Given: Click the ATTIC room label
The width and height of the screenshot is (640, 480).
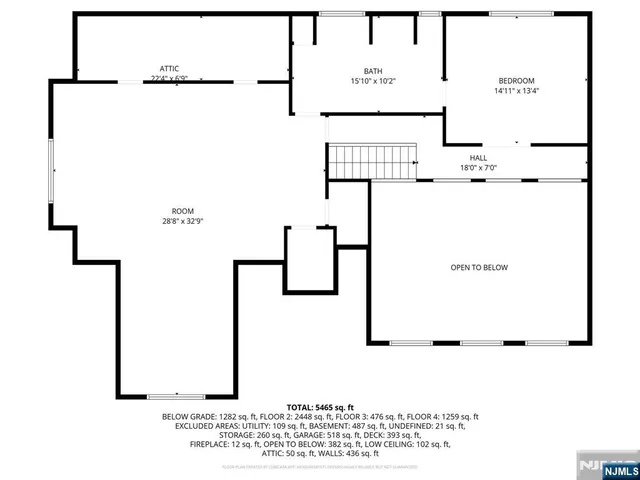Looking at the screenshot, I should pos(169,68).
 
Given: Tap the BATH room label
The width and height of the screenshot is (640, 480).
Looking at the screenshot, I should pos(373,71).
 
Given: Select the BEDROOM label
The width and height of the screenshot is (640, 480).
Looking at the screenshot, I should pos(516,81).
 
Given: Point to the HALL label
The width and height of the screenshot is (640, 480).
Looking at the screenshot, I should pos(479,158).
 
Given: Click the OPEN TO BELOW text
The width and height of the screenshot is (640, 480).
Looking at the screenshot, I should pos(479,267).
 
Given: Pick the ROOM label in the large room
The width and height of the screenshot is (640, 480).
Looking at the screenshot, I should pos(182,211).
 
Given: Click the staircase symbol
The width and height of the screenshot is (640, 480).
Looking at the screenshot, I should pos(372,160).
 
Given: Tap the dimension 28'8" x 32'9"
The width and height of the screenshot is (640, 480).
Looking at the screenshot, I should pos(182,221).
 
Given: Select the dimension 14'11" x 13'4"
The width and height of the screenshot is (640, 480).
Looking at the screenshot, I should pos(516,91).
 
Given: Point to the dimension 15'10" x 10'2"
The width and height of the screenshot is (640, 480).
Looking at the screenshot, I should pos(373,81).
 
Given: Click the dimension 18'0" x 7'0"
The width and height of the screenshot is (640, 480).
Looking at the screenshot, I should pos(479,168).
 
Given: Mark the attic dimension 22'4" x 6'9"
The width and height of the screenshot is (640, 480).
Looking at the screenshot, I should pos(169,78).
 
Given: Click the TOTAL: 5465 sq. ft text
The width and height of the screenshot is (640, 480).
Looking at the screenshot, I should pos(320,407).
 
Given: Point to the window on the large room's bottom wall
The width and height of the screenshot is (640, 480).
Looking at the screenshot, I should pos(176,396).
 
